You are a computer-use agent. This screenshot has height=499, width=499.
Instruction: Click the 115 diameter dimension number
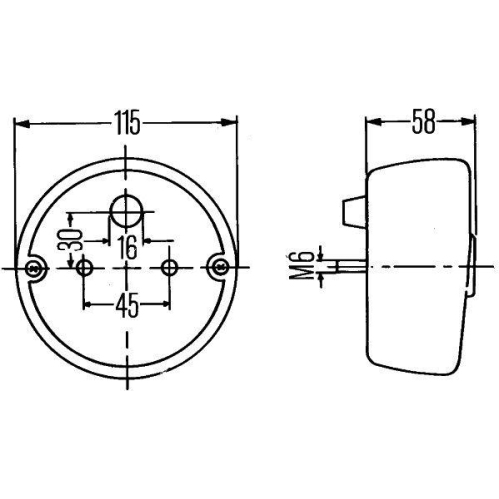[x=127, y=123]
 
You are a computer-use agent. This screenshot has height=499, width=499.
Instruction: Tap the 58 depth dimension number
[x=422, y=123]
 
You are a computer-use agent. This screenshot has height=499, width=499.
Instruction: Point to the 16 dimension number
[x=127, y=247]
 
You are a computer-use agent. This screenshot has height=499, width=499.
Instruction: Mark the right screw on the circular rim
[x=219, y=267]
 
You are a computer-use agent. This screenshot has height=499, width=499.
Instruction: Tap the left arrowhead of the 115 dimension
[x=19, y=124]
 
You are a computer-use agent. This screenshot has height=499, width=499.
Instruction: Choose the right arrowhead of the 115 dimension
[x=235, y=124]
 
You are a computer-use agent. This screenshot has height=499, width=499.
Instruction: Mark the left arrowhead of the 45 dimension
[x=89, y=304]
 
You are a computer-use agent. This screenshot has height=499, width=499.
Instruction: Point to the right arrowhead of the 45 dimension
[x=166, y=304]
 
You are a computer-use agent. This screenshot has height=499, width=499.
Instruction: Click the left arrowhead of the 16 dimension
[x=104, y=240]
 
